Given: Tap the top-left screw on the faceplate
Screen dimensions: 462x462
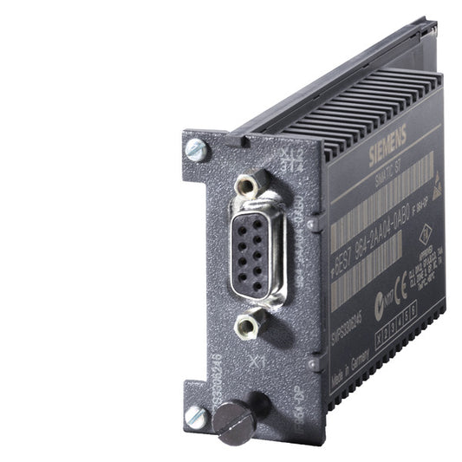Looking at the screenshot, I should point(195,151).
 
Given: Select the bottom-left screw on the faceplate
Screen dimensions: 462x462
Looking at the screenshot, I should point(196,417).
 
